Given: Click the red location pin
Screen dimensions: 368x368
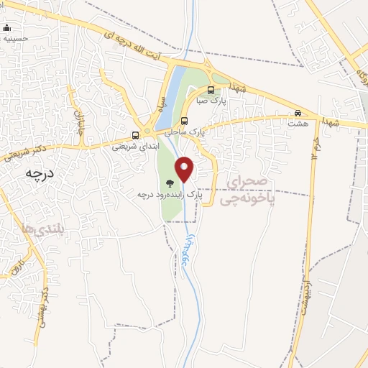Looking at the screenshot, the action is click(185, 170).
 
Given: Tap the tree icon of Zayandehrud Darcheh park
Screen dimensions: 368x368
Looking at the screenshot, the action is click(170, 183).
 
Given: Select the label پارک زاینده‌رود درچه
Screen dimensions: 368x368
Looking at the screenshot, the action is click(171, 194).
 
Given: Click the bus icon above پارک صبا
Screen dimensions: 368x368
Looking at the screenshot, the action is click(211, 91).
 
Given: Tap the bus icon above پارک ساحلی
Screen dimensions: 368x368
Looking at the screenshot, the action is click(185, 121).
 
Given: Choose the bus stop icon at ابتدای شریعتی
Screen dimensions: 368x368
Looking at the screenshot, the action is click(135, 135).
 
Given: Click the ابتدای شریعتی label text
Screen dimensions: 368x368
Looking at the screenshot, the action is click(134, 146).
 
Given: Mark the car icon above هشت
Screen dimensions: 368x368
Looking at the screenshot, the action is click(298, 113).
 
